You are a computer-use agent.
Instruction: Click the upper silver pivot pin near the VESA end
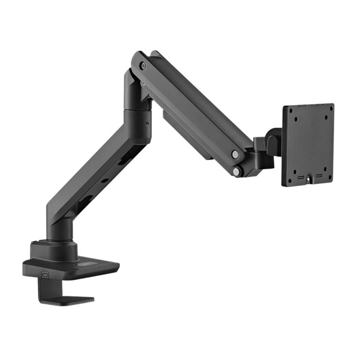[235, 154]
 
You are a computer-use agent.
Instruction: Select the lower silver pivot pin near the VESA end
[237, 172]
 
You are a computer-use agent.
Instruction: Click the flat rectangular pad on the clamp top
[93, 264]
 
